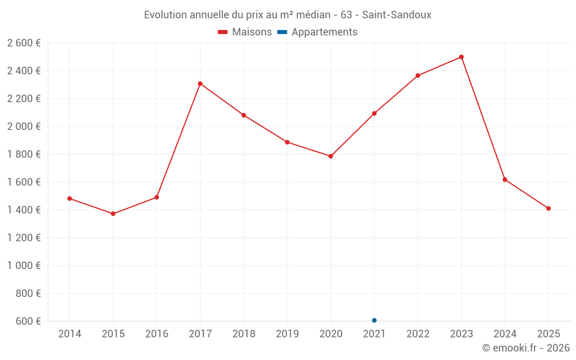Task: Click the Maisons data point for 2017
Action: tap(200, 84)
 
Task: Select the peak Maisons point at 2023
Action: tap(461, 57)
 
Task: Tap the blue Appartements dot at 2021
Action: tap(374, 320)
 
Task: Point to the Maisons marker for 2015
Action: tap(113, 214)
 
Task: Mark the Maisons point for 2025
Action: tap(548, 209)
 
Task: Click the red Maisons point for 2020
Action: tap(331, 156)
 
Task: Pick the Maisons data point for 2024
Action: tap(505, 180)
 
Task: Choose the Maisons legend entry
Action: tap(245, 32)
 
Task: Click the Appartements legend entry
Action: tap(317, 32)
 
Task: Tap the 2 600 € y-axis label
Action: tap(24, 43)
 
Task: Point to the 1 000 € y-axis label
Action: tap(24, 266)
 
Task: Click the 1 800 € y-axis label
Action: tap(24, 154)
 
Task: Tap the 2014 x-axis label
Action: tap(70, 334)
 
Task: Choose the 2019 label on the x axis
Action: tap(287, 334)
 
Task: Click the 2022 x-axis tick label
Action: tap(418, 334)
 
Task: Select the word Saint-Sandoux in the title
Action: tap(397, 14)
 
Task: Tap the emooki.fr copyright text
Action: tap(526, 348)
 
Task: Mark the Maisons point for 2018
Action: tap(244, 115)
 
